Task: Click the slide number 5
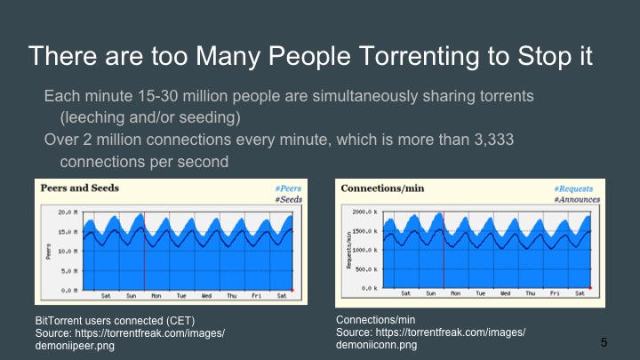pyautogui.click(x=604, y=342)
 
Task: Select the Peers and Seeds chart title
pyautogui.click(x=78, y=188)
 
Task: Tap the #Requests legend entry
pyautogui.click(x=579, y=189)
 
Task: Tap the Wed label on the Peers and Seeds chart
pyautogui.click(x=206, y=295)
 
